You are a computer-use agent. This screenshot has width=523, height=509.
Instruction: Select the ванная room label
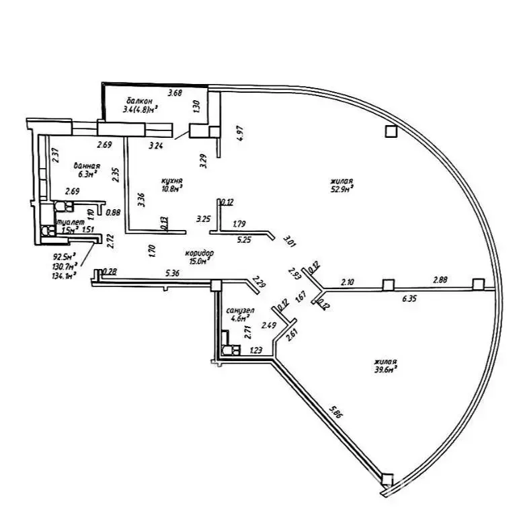click(x=88, y=166)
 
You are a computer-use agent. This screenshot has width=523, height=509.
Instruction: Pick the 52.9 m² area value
click(x=342, y=190)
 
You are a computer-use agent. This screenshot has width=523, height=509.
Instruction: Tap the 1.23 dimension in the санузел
click(x=255, y=350)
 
